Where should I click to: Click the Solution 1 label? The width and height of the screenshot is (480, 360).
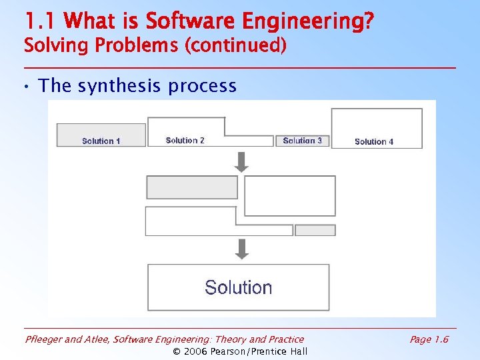click(x=101, y=141)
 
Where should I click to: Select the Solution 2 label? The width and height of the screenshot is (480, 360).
click(x=185, y=140)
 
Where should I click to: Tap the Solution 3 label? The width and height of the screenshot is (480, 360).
click(x=302, y=140)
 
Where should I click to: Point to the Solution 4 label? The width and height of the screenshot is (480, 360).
click(x=374, y=141)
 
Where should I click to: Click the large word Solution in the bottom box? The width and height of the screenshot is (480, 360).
click(x=238, y=287)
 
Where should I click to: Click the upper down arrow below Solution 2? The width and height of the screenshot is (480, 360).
click(x=242, y=161)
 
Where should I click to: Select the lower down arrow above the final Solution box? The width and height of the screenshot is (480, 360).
click(x=242, y=249)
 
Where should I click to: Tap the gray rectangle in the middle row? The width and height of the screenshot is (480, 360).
click(x=192, y=187)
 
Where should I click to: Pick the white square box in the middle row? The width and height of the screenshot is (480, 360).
click(x=290, y=195)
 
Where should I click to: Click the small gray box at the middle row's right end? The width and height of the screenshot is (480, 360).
click(x=315, y=230)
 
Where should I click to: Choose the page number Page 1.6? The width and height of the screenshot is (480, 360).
click(x=429, y=339)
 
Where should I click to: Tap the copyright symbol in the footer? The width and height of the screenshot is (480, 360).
click(x=177, y=351)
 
